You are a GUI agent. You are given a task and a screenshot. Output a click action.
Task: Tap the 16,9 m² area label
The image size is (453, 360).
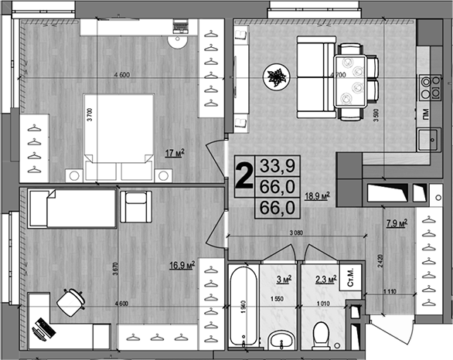(x=181, y=267)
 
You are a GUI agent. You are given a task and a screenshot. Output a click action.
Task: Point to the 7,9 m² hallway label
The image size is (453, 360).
(x=397, y=225)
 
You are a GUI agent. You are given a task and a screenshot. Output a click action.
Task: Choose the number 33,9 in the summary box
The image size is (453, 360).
(x=281, y=165)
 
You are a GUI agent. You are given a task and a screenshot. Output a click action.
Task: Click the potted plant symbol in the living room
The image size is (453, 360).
(x=276, y=76)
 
